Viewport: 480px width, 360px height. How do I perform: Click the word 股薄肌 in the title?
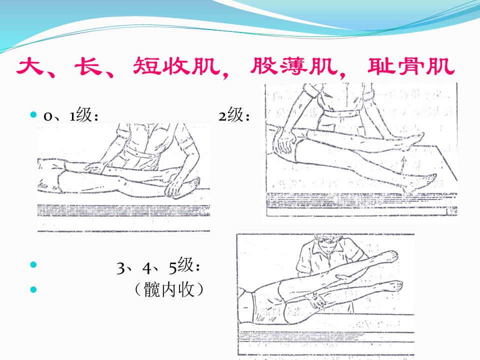click(293, 66)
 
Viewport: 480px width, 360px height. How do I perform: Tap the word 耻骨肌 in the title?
click(411, 66)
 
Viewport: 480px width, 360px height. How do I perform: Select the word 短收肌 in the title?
click(176, 66)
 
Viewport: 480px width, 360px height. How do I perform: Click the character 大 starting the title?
click(29, 66)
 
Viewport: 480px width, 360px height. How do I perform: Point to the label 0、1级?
click(71, 115)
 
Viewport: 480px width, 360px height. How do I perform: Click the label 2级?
click(234, 115)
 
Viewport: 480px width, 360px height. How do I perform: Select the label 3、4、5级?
click(158, 265)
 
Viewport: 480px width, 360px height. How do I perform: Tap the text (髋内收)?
click(169, 289)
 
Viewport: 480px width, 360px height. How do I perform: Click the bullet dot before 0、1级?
click(33, 115)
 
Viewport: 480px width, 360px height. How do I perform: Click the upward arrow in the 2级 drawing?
click(404, 166)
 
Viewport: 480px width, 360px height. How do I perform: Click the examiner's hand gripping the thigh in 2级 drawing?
click(285, 141)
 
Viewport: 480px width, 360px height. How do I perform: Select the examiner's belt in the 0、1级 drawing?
click(144, 153)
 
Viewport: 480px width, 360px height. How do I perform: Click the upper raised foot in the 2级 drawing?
click(413, 141)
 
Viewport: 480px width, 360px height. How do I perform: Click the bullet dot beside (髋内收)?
click(33, 289)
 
